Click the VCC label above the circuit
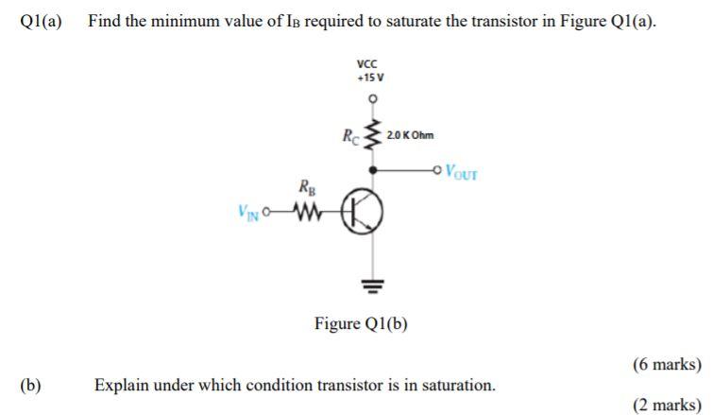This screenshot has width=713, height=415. coord(369,64)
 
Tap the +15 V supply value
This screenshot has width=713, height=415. coord(370,78)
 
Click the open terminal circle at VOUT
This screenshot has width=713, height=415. coord(436,171)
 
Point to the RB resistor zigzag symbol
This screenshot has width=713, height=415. coord(309,212)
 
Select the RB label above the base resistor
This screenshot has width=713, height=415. coord(306,188)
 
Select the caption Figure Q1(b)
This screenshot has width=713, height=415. coord(362,324)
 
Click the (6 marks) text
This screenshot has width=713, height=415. coord(667,364)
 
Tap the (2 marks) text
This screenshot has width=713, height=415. coord(667,405)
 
